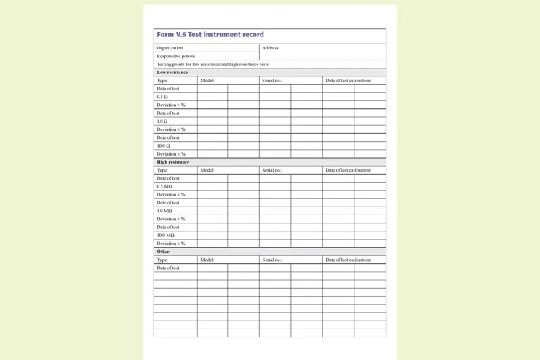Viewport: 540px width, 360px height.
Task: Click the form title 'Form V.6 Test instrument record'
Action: [210, 35]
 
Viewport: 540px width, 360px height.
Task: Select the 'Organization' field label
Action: [170, 48]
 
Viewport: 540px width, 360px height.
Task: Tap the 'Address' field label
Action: [271, 48]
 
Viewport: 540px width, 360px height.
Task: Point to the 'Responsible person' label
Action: [176, 56]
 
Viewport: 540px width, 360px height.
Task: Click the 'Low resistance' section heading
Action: [172, 73]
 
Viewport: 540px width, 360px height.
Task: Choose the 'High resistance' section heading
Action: [173, 162]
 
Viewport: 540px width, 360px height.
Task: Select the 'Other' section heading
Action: [163, 252]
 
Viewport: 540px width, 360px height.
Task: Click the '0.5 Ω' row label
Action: [162, 97]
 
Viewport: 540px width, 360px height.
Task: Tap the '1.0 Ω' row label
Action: [162, 121]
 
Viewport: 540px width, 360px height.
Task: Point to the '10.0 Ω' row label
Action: [164, 145]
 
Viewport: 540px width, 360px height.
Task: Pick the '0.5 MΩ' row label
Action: [164, 186]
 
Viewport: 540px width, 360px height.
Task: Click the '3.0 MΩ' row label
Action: [164, 211]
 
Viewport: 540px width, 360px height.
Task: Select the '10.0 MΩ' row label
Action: [166, 236]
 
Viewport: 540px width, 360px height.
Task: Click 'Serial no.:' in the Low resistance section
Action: [272, 81]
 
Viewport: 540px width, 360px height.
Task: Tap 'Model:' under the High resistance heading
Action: [207, 170]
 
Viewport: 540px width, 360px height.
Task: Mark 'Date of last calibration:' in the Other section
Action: [349, 260]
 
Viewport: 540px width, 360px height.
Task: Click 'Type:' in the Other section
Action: [162, 260]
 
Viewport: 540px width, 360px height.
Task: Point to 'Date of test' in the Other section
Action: [168, 268]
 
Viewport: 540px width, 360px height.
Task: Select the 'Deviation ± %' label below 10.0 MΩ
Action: [171, 244]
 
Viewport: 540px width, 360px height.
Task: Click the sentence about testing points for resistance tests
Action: [213, 64]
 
